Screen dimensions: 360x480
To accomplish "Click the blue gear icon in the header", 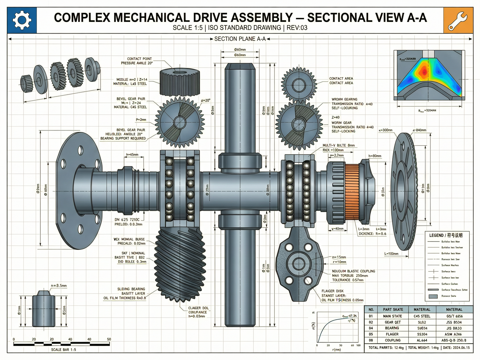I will (x=22, y=20).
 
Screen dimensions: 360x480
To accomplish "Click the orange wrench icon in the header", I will (x=458, y=20).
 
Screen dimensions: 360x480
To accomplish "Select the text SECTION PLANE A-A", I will (x=240, y=39).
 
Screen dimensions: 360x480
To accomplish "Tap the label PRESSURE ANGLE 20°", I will (x=137, y=63).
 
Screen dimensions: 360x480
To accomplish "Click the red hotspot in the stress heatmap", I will (x=424, y=70).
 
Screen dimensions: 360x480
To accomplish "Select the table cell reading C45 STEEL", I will (x=422, y=316).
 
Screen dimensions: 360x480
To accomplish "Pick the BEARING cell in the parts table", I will (x=392, y=328).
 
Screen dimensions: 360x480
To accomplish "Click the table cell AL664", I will (x=422, y=340).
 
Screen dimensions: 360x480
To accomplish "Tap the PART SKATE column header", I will (x=393, y=309).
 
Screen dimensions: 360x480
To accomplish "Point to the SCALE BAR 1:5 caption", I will (x=64, y=350).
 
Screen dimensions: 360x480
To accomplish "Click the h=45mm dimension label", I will (x=132, y=155).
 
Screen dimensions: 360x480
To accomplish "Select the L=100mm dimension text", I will (x=391, y=253).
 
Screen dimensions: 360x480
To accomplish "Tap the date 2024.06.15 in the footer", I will (x=460, y=348).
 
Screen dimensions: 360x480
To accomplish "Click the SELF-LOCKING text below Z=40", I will (x=343, y=131).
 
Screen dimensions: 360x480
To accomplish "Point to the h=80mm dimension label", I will (x=375, y=156).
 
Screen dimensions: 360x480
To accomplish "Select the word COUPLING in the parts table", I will (x=393, y=340).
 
